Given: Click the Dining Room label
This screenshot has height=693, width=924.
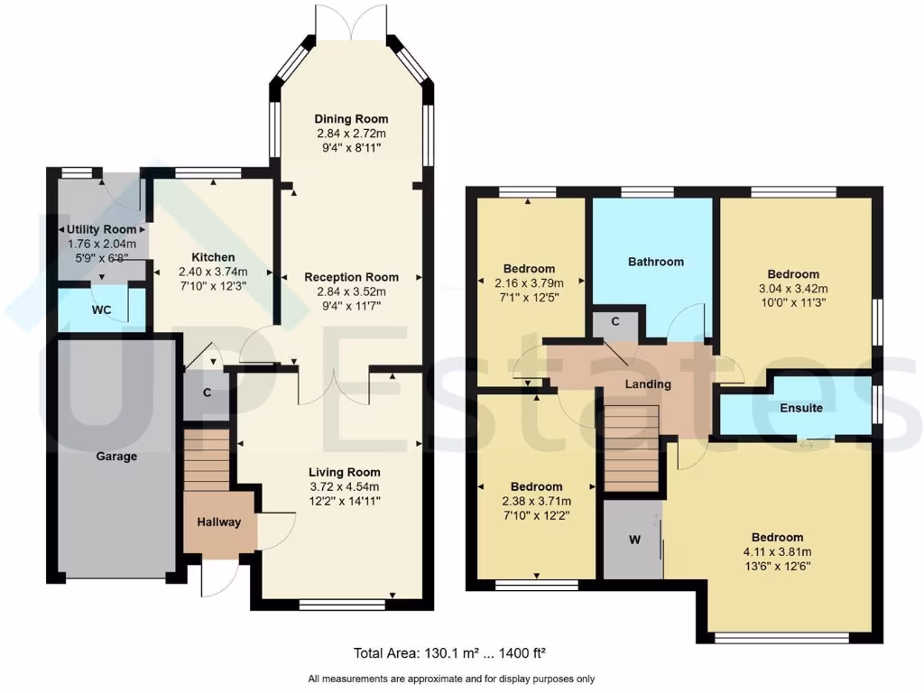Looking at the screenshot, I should (x=351, y=119).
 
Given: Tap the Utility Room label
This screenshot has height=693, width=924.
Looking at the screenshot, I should (x=101, y=229).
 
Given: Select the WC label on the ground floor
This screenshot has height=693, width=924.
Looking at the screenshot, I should (x=101, y=310).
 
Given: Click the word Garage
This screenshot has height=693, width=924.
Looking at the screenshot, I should (x=116, y=457).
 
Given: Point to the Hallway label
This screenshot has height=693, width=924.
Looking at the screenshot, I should (x=219, y=522).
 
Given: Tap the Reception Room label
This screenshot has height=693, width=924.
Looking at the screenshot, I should (x=351, y=277).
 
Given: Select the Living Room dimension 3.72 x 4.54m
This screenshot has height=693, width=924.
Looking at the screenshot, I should (x=344, y=486).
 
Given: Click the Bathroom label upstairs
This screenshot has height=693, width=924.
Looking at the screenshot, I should (x=656, y=262).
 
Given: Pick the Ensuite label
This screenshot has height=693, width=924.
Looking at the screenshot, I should (x=801, y=408).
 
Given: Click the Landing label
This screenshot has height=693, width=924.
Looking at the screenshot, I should (x=649, y=384).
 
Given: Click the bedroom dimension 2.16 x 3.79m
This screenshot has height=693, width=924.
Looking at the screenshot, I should (x=529, y=282).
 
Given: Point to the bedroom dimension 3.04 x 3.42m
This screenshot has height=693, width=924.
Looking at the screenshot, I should (x=793, y=289).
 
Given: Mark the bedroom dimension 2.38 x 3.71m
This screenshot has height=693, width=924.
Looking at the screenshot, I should (x=537, y=502).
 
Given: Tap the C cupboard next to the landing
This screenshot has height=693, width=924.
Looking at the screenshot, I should (x=614, y=321).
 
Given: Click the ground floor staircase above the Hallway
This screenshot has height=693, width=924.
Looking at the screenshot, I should (x=207, y=458).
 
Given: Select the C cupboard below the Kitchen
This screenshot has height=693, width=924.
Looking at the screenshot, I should (x=207, y=393).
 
